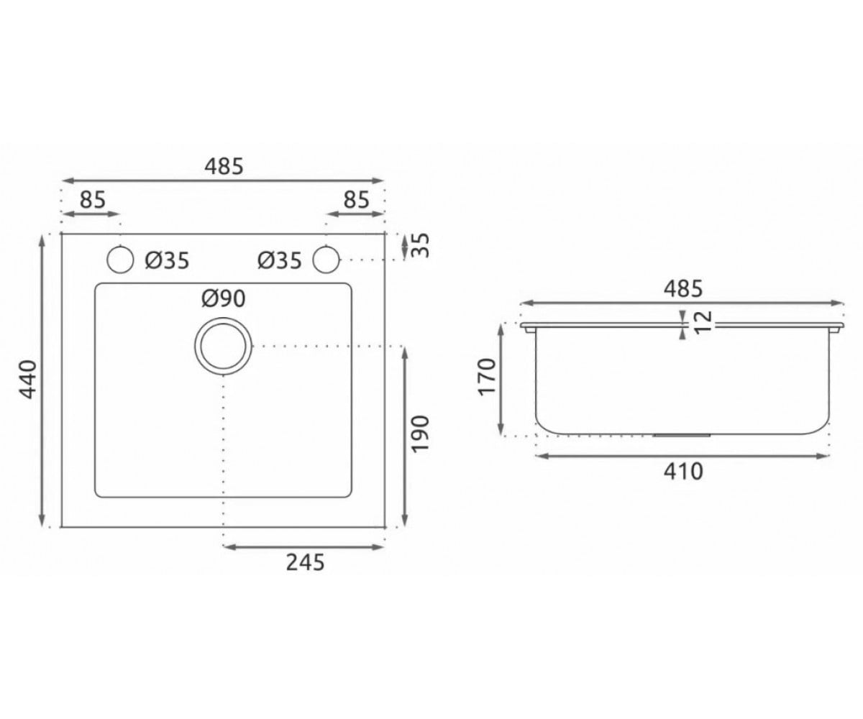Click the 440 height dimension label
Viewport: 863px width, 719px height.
[x=29, y=380]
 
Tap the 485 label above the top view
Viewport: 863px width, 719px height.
[x=224, y=167]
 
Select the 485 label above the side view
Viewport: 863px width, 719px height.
[x=682, y=289]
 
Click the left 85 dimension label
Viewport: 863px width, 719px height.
[x=93, y=200]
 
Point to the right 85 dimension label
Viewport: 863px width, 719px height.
[x=356, y=200]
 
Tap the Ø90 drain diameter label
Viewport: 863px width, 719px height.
[x=224, y=299]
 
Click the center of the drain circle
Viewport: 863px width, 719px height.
[x=223, y=346]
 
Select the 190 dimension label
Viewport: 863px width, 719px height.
[x=421, y=434]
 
